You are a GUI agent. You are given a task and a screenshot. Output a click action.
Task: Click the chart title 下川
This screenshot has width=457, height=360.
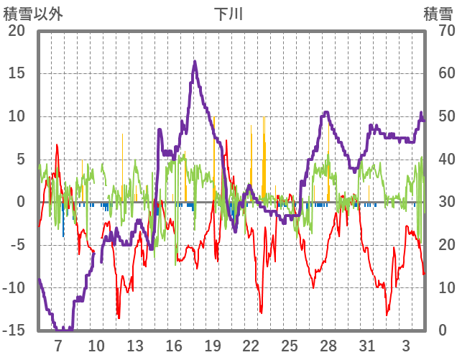pyautogui.click(x=229, y=14)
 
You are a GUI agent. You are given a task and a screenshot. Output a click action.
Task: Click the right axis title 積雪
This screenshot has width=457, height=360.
pyautogui.click(x=437, y=14)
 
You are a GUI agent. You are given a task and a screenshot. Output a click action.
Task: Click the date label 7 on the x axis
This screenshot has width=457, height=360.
pyautogui.click(x=58, y=345)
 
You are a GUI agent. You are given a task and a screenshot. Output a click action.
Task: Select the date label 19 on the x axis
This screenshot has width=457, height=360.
pyautogui.click(x=213, y=345)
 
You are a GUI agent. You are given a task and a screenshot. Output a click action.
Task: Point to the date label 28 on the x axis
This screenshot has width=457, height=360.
pyautogui.click(x=328, y=345)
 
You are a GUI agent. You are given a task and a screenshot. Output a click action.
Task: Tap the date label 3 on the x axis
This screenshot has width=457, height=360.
pyautogui.click(x=406, y=345)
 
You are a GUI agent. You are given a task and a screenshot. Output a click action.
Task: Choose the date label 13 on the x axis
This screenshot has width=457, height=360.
pyautogui.click(x=135, y=345)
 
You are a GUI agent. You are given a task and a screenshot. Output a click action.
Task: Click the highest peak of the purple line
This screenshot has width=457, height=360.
pyautogui.click(x=195, y=62)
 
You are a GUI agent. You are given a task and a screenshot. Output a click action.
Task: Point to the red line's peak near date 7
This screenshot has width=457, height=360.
pyautogui.click(x=57, y=145)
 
